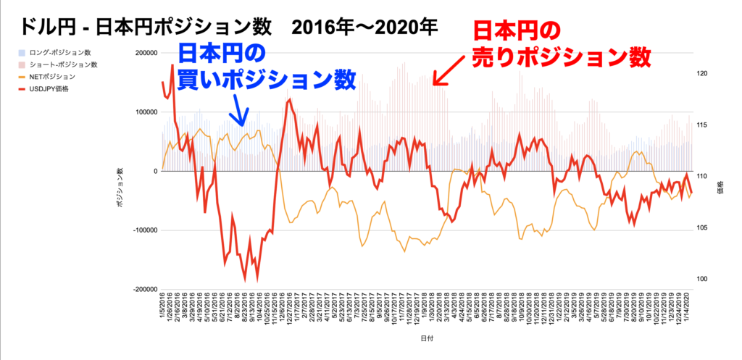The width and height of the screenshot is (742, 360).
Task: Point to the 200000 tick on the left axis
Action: coord(146,53)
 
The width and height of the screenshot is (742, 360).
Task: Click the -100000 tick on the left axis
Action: coord(144,230)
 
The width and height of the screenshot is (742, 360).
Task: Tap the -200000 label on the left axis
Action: coord(144,289)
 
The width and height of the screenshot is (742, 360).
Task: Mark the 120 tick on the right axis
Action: coord(703,73)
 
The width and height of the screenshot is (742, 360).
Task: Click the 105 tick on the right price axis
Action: coord(703,228)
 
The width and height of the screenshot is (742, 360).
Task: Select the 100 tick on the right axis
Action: coord(703,280)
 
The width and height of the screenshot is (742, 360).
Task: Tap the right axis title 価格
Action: coord(721,190)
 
